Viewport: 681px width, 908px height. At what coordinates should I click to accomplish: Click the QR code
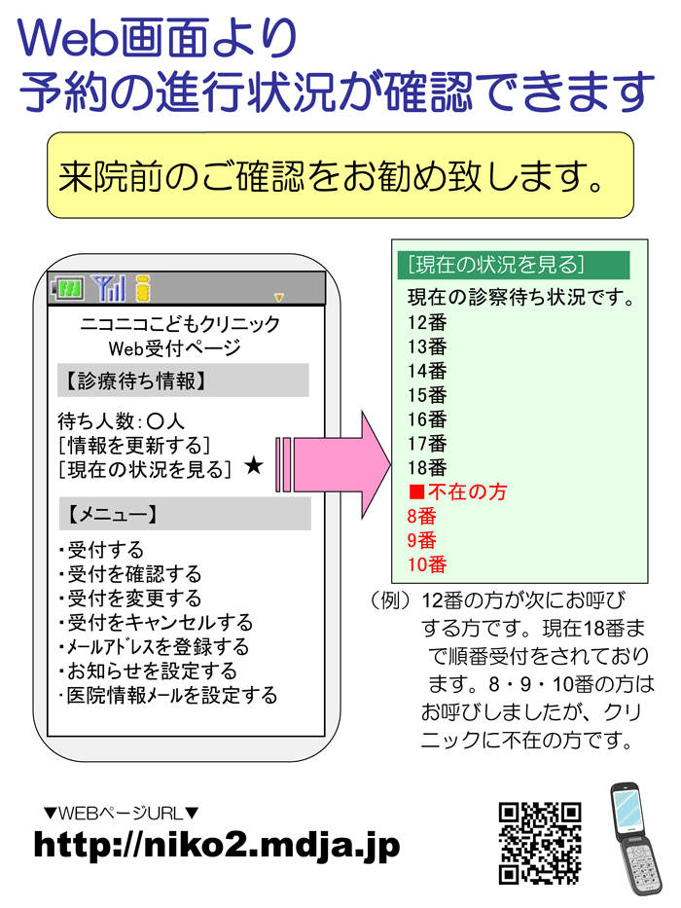tap(540, 843)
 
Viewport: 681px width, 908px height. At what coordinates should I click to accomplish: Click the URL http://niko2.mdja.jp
tap(217, 846)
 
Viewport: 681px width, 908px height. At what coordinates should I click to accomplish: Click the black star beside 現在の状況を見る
tap(254, 465)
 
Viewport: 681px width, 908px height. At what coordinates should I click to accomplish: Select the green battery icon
tap(68, 288)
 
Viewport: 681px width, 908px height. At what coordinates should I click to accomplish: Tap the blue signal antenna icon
tap(108, 288)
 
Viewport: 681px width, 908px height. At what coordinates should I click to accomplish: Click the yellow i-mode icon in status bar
tap(143, 288)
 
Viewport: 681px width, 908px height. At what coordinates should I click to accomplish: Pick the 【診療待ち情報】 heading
tap(134, 381)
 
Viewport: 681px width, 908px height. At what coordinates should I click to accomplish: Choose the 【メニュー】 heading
tap(111, 514)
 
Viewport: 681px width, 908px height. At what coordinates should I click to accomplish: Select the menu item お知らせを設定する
tap(148, 672)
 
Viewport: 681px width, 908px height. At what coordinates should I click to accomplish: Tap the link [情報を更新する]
tap(134, 446)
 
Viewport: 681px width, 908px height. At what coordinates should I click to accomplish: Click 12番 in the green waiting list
tap(427, 322)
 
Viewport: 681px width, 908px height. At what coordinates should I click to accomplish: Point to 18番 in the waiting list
tap(427, 467)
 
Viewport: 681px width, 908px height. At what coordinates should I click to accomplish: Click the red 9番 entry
tap(421, 540)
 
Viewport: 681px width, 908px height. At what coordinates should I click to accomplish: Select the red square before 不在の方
tap(417, 492)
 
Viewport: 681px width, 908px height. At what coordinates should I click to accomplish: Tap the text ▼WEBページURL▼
tap(121, 813)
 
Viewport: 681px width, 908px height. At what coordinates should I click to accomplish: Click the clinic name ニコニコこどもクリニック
tap(180, 324)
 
